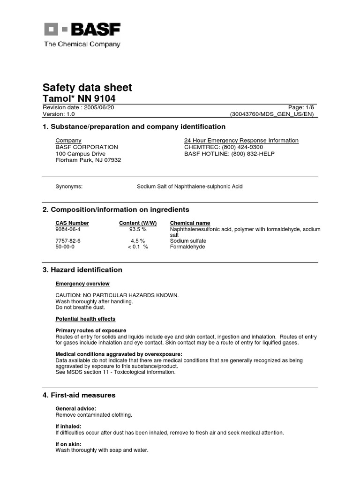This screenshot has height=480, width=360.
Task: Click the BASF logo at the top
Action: point(82,30)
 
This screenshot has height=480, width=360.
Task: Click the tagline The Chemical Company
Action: point(82,44)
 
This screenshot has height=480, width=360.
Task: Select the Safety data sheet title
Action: point(87,88)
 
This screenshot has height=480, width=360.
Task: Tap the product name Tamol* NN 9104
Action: point(79,98)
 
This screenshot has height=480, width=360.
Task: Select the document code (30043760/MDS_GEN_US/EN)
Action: point(271,114)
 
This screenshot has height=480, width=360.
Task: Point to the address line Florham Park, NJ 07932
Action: point(88,160)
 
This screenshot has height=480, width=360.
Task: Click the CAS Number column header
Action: point(72,223)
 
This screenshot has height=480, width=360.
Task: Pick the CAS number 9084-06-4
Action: point(68,230)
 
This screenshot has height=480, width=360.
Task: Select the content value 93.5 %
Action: point(138,230)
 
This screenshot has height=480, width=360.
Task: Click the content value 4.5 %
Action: point(138,241)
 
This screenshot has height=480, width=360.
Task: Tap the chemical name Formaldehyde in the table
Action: point(187,247)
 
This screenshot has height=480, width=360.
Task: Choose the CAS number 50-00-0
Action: point(65,247)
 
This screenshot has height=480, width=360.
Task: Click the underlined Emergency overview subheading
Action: point(82,284)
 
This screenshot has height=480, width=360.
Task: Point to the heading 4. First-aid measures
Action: point(79,395)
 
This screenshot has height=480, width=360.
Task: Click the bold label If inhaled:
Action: point(68,426)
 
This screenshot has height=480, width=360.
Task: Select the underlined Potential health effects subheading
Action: point(85,319)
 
